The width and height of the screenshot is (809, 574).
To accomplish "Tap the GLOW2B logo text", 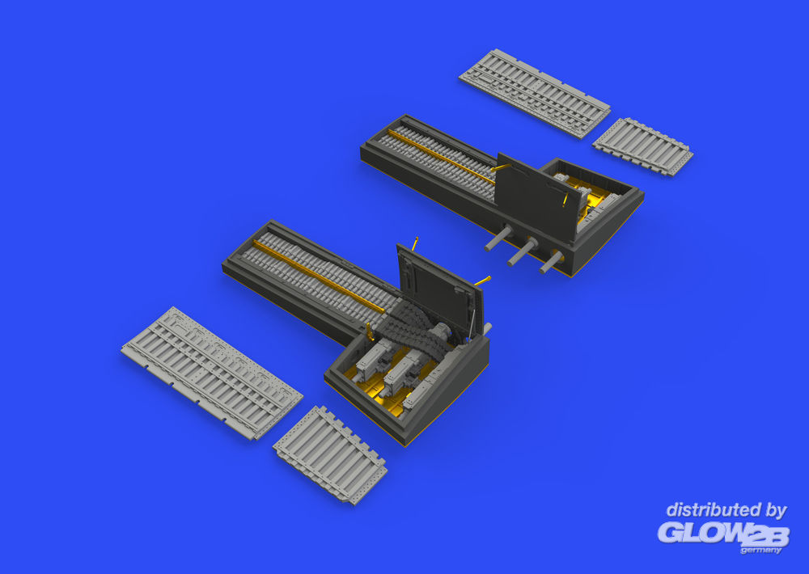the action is click(x=723, y=534).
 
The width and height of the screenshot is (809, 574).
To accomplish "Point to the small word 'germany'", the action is click(x=761, y=551).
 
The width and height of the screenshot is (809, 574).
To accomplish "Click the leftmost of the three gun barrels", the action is click(x=498, y=238).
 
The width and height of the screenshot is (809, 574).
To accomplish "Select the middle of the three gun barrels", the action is click(x=522, y=252).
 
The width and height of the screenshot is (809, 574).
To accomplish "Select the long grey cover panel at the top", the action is click(x=535, y=93).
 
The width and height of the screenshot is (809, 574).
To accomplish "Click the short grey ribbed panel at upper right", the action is click(x=642, y=146).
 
